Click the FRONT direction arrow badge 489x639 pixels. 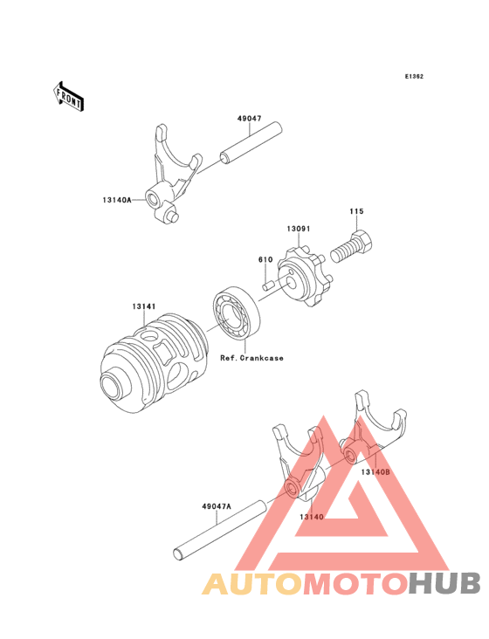tap(69, 96)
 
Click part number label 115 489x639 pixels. tap(357, 210)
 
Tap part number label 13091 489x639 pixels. tap(300, 229)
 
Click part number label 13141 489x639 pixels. tap(144, 306)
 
